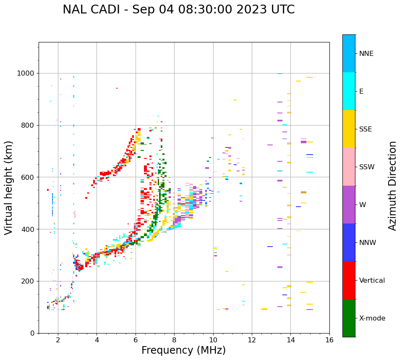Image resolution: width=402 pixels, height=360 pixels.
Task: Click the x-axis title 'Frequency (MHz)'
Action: pos(183,350)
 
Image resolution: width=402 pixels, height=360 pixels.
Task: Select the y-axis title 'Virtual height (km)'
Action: pos(9,188)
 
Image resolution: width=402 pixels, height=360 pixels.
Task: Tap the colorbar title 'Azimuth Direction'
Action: pos(392,186)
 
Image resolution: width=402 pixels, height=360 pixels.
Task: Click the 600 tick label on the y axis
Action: pos(29,177)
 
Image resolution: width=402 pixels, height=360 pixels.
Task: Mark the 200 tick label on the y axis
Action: pos(29,281)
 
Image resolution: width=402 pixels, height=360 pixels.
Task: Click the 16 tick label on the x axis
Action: pos(329,340)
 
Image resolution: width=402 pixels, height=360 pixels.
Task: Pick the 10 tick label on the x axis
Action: pos(213,340)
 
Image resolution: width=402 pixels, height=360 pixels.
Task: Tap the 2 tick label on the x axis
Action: pos(58,340)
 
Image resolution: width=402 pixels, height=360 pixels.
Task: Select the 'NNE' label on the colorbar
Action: pos(366,54)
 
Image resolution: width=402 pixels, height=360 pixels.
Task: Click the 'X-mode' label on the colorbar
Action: pos(372,318)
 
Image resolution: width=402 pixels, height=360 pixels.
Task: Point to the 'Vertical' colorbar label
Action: pos(372,281)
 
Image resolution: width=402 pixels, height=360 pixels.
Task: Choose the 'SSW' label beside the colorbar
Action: pos(367,167)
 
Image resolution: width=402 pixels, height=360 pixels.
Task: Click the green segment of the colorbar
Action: pos(349,318)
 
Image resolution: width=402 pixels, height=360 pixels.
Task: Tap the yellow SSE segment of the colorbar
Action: pos(349,129)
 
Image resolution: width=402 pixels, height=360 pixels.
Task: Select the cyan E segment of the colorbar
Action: pos(349,91)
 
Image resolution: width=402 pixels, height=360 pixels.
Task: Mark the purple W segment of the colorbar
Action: pos(349,205)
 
